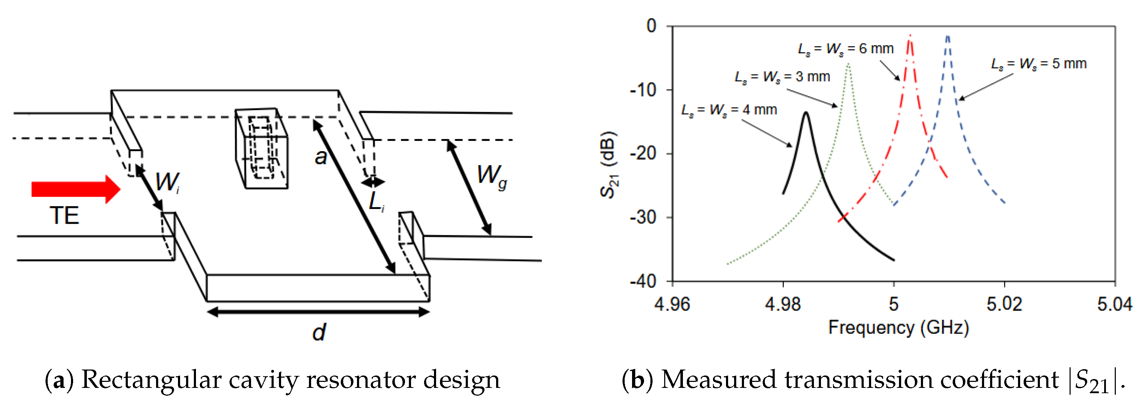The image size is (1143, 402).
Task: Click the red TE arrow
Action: coord(76,189)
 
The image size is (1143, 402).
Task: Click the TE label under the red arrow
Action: coord(64,216)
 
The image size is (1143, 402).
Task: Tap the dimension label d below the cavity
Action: coord(319,332)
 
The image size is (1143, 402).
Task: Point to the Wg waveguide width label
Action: coord(492,176)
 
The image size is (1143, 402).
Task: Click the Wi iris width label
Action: coord(167,182)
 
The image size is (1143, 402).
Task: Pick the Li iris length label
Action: coord(376,202)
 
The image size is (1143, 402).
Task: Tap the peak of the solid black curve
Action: coord(806,113)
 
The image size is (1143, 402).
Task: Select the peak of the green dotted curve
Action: coord(848,64)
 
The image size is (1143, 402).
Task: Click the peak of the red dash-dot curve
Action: coord(910,36)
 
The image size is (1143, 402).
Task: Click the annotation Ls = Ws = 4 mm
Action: coord(729,110)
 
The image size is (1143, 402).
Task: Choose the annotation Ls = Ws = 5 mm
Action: coord(1039,64)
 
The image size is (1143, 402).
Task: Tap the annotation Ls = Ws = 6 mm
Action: coord(846,49)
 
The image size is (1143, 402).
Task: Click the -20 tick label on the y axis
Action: coord(643,154)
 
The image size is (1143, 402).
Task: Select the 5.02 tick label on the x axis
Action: coord(1004,304)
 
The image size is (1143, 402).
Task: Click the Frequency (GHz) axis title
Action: coord(899,328)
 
